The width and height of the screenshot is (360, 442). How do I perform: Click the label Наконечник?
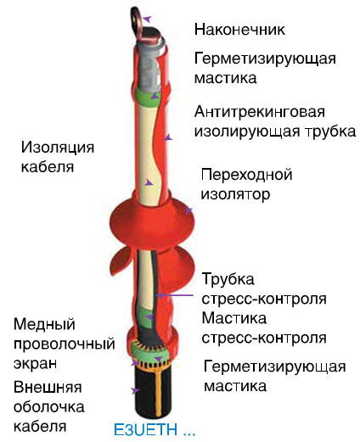[x=239, y=30]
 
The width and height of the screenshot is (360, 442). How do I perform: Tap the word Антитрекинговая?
[x=260, y=112]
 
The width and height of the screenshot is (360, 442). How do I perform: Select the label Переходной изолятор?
[x=246, y=184]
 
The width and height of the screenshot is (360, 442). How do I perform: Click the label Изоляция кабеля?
[x=58, y=157]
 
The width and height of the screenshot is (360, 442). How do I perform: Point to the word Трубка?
[x=228, y=279]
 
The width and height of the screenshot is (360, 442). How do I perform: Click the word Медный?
[x=44, y=324]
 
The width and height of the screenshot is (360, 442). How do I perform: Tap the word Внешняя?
[x=48, y=387]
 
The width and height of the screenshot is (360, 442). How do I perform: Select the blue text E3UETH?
[x=145, y=429]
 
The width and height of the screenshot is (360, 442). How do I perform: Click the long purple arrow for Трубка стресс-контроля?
[x=175, y=295]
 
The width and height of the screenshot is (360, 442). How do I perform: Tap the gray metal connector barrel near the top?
[x=147, y=64]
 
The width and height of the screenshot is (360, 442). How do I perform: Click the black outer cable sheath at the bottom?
[x=153, y=392]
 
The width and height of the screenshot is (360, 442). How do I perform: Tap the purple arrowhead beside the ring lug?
[x=148, y=20]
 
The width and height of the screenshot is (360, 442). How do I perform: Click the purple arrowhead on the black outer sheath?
[x=135, y=391]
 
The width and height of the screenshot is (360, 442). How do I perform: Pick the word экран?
[x=35, y=363]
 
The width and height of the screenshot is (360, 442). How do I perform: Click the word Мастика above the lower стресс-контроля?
[x=234, y=318]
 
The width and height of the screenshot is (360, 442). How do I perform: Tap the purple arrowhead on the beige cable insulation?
[x=149, y=182]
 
